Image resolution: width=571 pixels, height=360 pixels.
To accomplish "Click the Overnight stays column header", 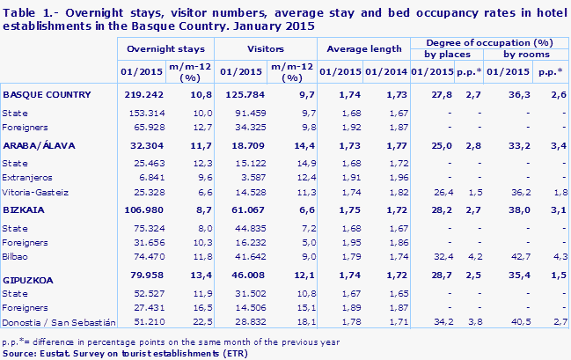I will tap(165, 50).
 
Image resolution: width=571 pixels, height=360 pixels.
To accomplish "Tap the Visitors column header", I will tap(263, 50).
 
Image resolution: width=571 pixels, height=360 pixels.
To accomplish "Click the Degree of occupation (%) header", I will tap(487, 42).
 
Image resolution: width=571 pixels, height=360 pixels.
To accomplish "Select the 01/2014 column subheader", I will tap(384, 71).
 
